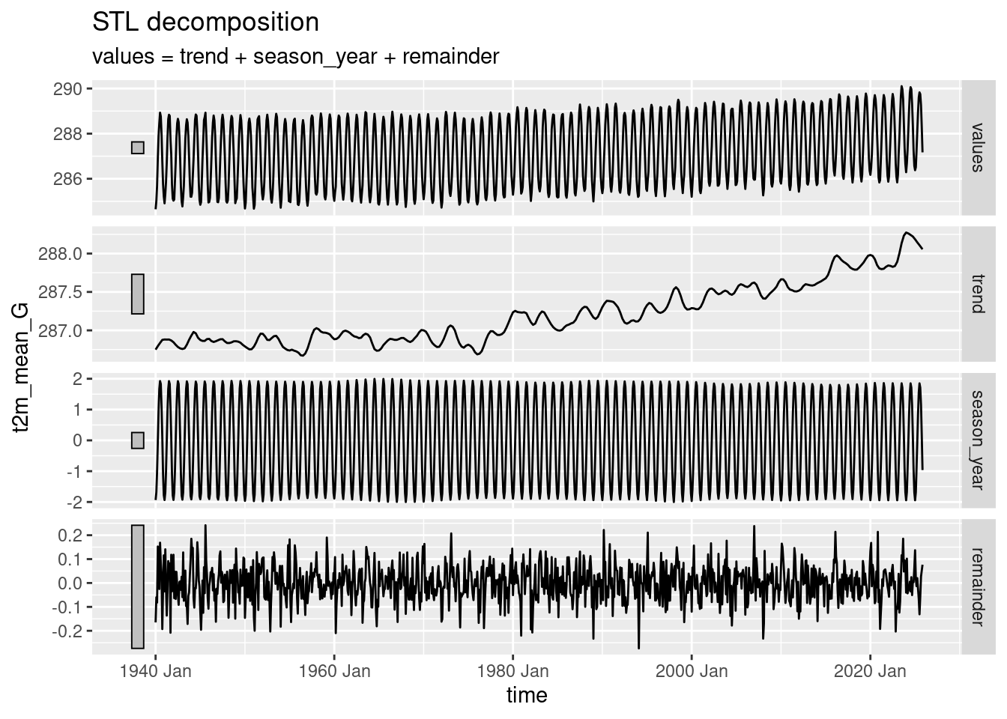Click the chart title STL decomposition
[x=205, y=22]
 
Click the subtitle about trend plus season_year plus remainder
[x=295, y=56]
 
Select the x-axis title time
[x=527, y=695]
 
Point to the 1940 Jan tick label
[x=155, y=670]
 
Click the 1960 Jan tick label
[x=333, y=670]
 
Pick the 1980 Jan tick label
[x=512, y=670]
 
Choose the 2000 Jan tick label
[x=691, y=670]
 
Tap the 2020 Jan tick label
[x=870, y=670]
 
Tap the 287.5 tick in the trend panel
[x=63, y=292]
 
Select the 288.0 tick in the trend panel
[x=63, y=254]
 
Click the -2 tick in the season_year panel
[x=76, y=502]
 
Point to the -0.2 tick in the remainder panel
[x=70, y=631]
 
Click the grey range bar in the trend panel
[x=138, y=294]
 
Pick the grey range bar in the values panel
[x=138, y=148]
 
